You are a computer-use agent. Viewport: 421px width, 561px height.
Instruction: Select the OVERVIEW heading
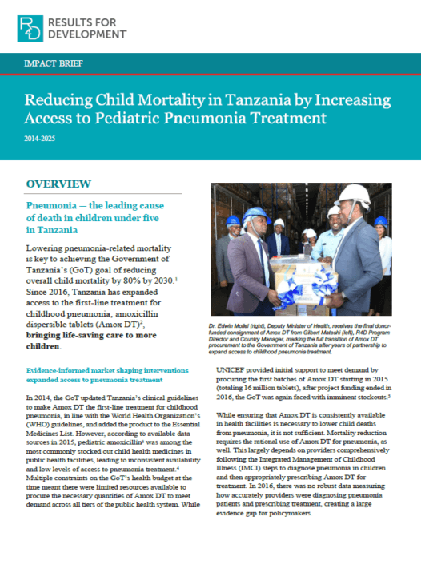pyautogui.click(x=58, y=184)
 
